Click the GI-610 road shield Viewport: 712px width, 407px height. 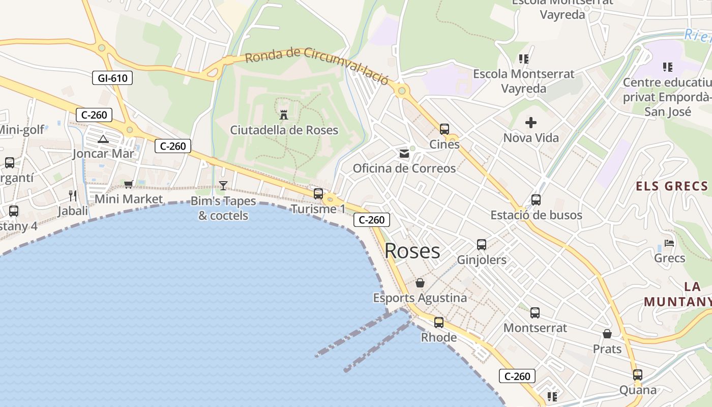[112, 78]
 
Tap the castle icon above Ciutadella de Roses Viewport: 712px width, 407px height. [284, 114]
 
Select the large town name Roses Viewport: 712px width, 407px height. [412, 251]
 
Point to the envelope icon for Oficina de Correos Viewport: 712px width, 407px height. [404, 153]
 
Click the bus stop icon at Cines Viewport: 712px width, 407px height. [444, 129]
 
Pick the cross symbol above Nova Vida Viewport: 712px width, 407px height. [531, 123]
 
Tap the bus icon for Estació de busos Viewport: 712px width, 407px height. [536, 200]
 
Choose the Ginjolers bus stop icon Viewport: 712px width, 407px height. [482, 245]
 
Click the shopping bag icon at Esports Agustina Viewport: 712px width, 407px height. [420, 283]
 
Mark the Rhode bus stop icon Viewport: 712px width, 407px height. [439, 323]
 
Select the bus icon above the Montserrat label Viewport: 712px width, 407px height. [535, 313]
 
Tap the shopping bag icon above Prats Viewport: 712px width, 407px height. [607, 334]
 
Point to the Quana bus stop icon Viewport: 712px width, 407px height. [638, 375]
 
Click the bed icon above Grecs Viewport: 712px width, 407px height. [669, 243]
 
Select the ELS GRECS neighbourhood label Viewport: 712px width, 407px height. [672, 186]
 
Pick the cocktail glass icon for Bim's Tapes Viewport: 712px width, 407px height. [223, 186]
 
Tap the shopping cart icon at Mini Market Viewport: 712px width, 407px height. [128, 184]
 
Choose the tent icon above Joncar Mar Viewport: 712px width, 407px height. [103, 139]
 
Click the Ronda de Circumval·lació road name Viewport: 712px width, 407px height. [316, 65]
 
